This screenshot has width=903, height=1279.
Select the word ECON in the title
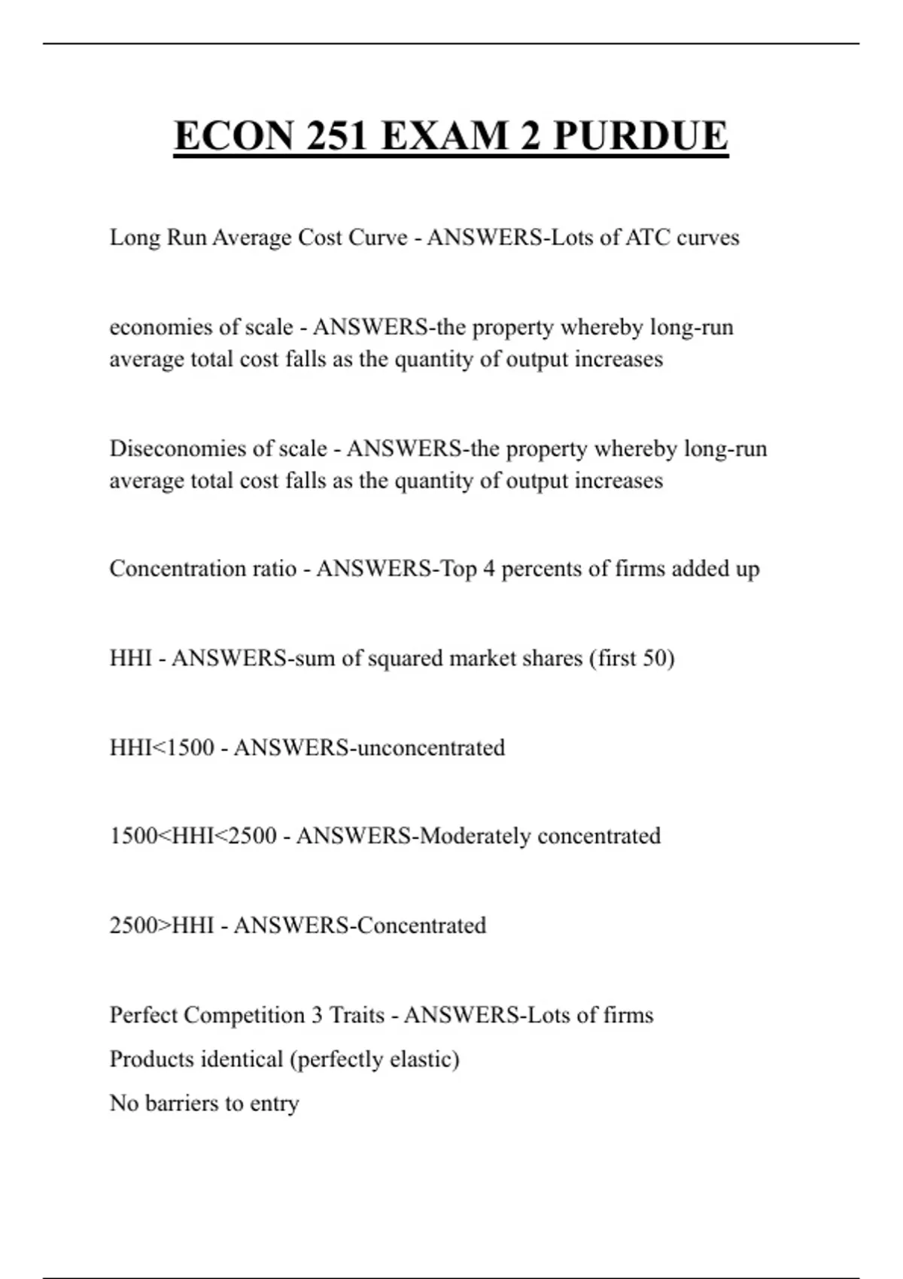233,136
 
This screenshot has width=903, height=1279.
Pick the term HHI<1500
162,748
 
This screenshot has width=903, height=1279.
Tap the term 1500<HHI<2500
193,836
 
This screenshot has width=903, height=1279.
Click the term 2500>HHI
162,925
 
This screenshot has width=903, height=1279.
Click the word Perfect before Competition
143,1015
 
